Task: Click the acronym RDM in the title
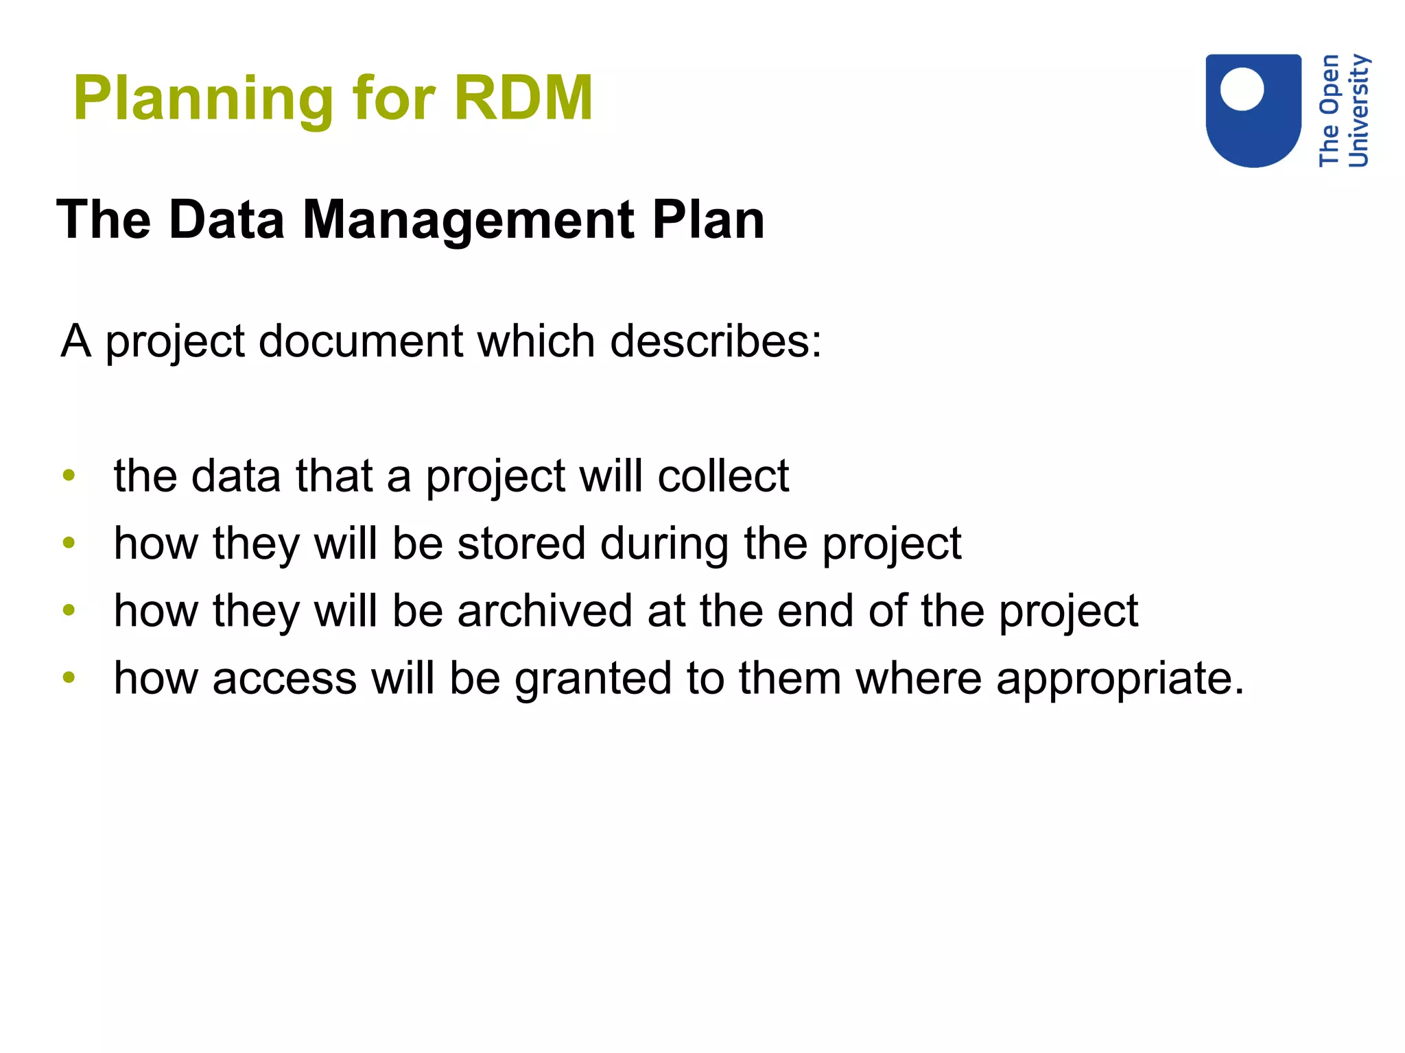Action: pyautogui.click(x=523, y=98)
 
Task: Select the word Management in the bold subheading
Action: pyautogui.click(x=469, y=220)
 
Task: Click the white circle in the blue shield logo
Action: pyautogui.click(x=1242, y=89)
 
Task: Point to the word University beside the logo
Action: pyautogui.click(x=1358, y=110)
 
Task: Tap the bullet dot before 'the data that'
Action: pyautogui.click(x=69, y=475)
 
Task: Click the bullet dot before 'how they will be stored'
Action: pyautogui.click(x=69, y=543)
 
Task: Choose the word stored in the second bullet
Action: pyautogui.click(x=521, y=543)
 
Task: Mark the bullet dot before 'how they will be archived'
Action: pyautogui.click(x=69, y=610)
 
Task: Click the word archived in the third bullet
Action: pyautogui.click(x=545, y=610)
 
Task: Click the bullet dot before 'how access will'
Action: pyautogui.click(x=69, y=677)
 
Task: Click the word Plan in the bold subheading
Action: pyautogui.click(x=708, y=220)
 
